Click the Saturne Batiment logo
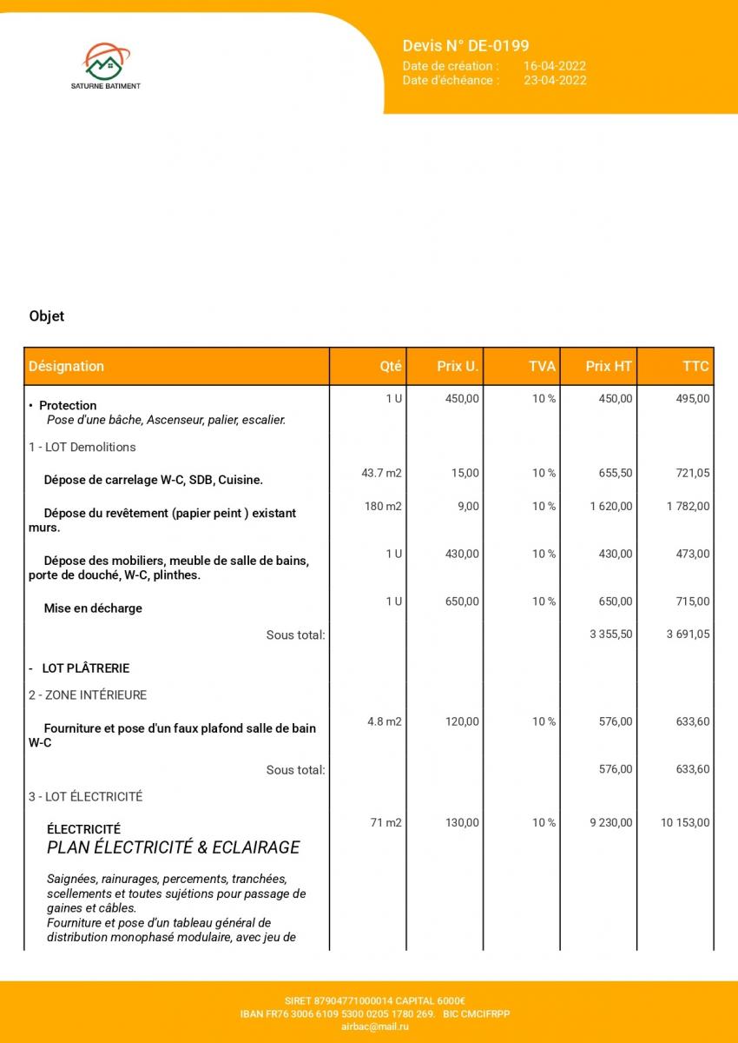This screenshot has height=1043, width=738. (x=105, y=66)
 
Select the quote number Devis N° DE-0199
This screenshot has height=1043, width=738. (x=465, y=46)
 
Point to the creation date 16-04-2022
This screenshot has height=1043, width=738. (x=554, y=66)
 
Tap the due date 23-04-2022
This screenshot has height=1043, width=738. (x=554, y=80)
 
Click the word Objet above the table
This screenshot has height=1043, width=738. (x=47, y=316)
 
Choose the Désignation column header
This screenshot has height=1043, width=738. (x=66, y=367)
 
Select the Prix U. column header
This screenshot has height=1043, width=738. (x=458, y=367)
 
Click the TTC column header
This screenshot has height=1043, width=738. (x=695, y=367)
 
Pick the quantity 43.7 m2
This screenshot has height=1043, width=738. (x=381, y=474)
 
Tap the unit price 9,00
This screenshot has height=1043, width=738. (x=468, y=507)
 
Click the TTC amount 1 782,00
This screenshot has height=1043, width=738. (x=688, y=507)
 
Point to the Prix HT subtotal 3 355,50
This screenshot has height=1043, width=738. (x=610, y=634)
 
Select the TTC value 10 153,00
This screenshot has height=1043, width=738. (x=685, y=823)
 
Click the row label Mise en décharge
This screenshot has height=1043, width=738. (x=93, y=608)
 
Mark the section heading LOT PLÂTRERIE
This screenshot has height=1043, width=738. (x=85, y=668)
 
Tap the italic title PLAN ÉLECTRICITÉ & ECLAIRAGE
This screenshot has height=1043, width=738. (x=173, y=847)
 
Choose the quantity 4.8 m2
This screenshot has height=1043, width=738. (x=384, y=722)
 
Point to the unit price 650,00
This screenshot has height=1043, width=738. (x=462, y=601)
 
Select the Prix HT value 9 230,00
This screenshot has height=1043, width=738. (x=610, y=823)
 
